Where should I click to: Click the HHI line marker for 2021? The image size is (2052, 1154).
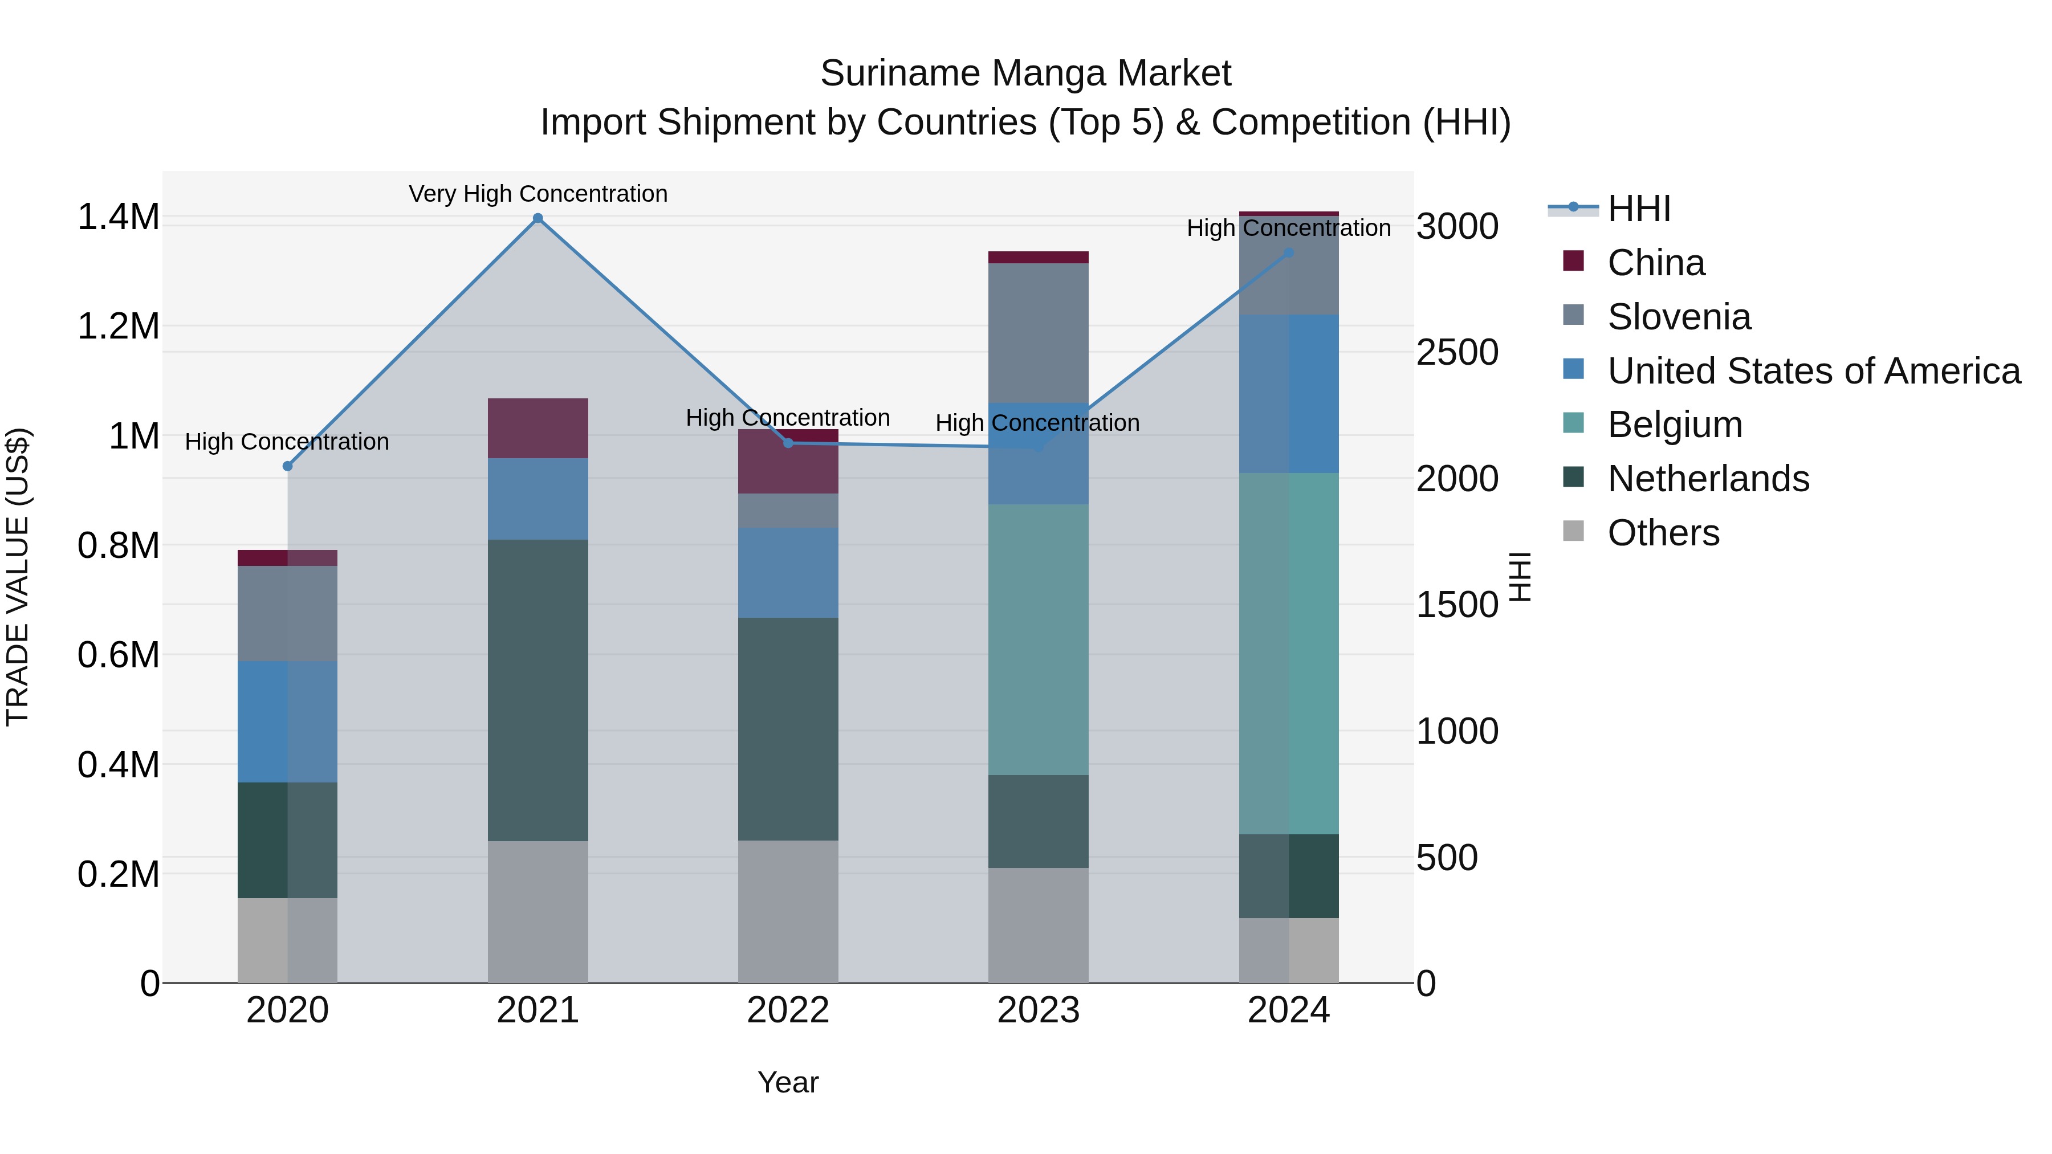[538, 218]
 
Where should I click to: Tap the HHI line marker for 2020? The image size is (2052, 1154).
[288, 466]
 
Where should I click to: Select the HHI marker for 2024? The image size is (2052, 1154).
[1289, 252]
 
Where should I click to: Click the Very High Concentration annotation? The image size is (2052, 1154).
[538, 194]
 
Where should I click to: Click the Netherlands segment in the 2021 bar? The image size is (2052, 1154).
[538, 690]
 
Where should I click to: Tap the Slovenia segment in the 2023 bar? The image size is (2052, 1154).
[1038, 333]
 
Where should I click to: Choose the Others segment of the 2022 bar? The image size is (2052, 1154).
[788, 911]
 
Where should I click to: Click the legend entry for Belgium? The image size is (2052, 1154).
[1675, 425]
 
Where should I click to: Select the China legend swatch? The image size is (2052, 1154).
[1573, 261]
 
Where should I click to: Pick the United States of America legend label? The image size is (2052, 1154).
[1814, 371]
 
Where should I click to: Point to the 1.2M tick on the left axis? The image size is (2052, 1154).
[118, 327]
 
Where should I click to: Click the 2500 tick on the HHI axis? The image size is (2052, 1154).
[1457, 353]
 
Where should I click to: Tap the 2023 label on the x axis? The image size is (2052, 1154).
[1038, 1010]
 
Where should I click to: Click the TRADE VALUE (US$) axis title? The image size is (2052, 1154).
[18, 577]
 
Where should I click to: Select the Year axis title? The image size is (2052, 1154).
[788, 1082]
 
